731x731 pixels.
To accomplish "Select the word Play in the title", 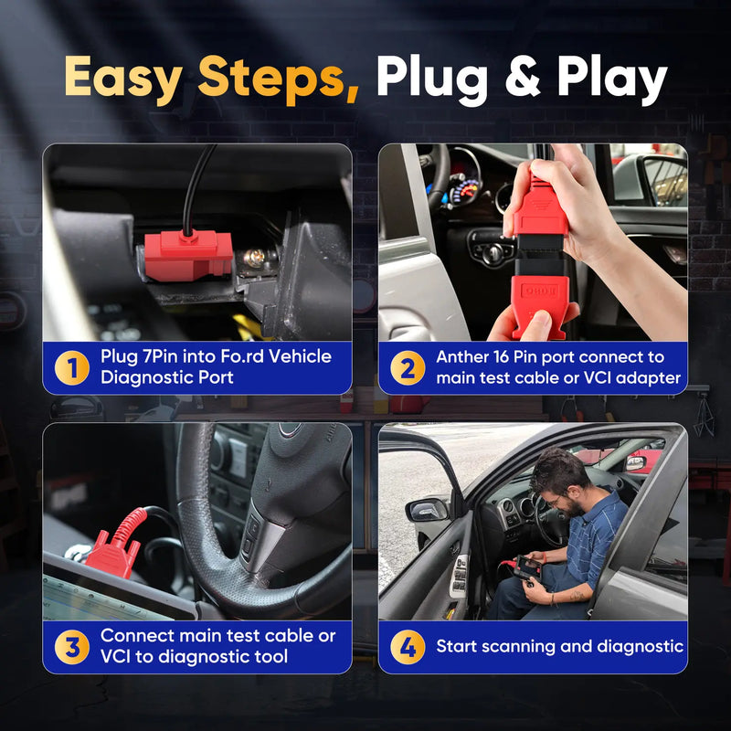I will coord(609,79).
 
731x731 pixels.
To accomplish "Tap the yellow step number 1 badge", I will coord(72,367).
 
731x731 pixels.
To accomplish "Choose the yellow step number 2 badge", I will coord(408,367).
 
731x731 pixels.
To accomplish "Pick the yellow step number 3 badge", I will coord(72,647).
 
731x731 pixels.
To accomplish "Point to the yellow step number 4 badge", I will coord(408,648).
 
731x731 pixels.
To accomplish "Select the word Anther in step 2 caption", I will coord(466,356).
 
